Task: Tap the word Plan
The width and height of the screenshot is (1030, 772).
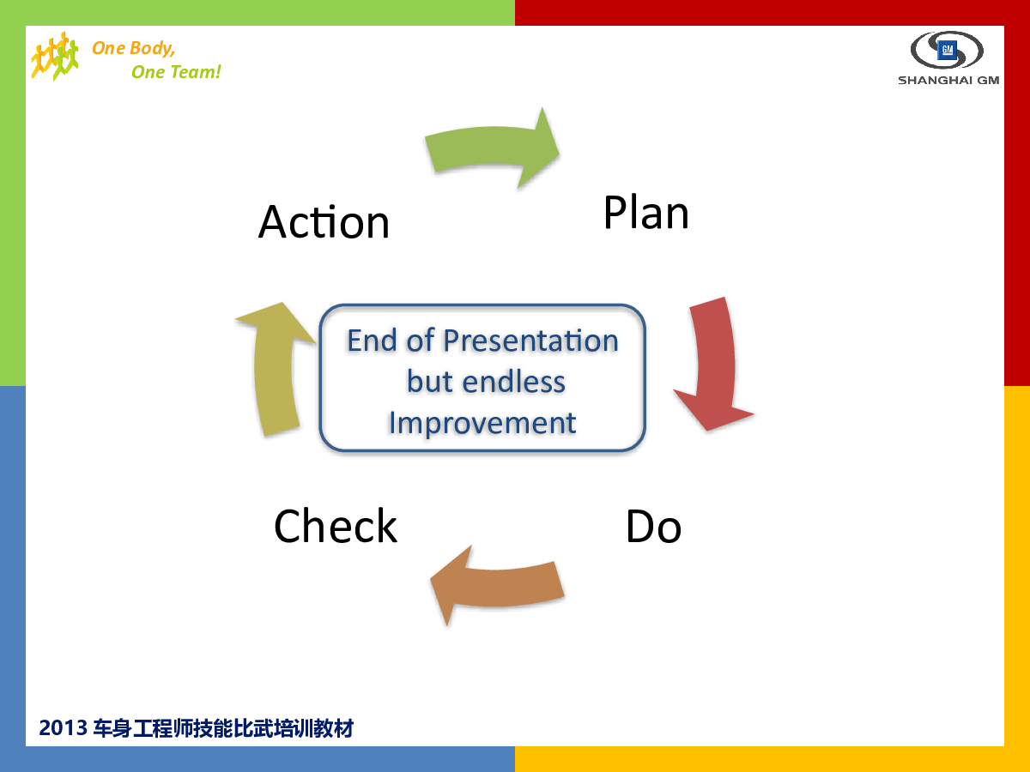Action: [x=645, y=213]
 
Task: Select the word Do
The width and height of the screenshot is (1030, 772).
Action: [x=653, y=527]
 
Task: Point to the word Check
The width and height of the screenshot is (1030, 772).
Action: [x=336, y=526]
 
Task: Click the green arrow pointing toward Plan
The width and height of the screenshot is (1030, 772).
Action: [x=493, y=146]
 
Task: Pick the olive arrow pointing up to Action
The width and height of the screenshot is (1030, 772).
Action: [x=275, y=371]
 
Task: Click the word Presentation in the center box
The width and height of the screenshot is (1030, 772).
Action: [x=530, y=341]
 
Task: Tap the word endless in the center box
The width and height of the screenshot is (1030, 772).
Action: [x=514, y=382]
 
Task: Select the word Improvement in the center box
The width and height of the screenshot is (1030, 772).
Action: [x=482, y=423]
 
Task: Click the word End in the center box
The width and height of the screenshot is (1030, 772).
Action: [x=372, y=341]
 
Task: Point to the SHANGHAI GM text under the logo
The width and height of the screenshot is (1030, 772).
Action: [x=948, y=80]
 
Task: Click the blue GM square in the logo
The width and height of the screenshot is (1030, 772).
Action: [x=947, y=50]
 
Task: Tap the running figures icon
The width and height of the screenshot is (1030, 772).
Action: [x=54, y=56]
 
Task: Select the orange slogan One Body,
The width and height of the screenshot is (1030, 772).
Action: [x=134, y=48]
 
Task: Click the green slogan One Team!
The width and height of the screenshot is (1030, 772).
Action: [x=176, y=72]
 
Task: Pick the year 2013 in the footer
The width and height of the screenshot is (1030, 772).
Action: [x=63, y=728]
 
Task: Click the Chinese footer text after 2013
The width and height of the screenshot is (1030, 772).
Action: [x=223, y=728]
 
